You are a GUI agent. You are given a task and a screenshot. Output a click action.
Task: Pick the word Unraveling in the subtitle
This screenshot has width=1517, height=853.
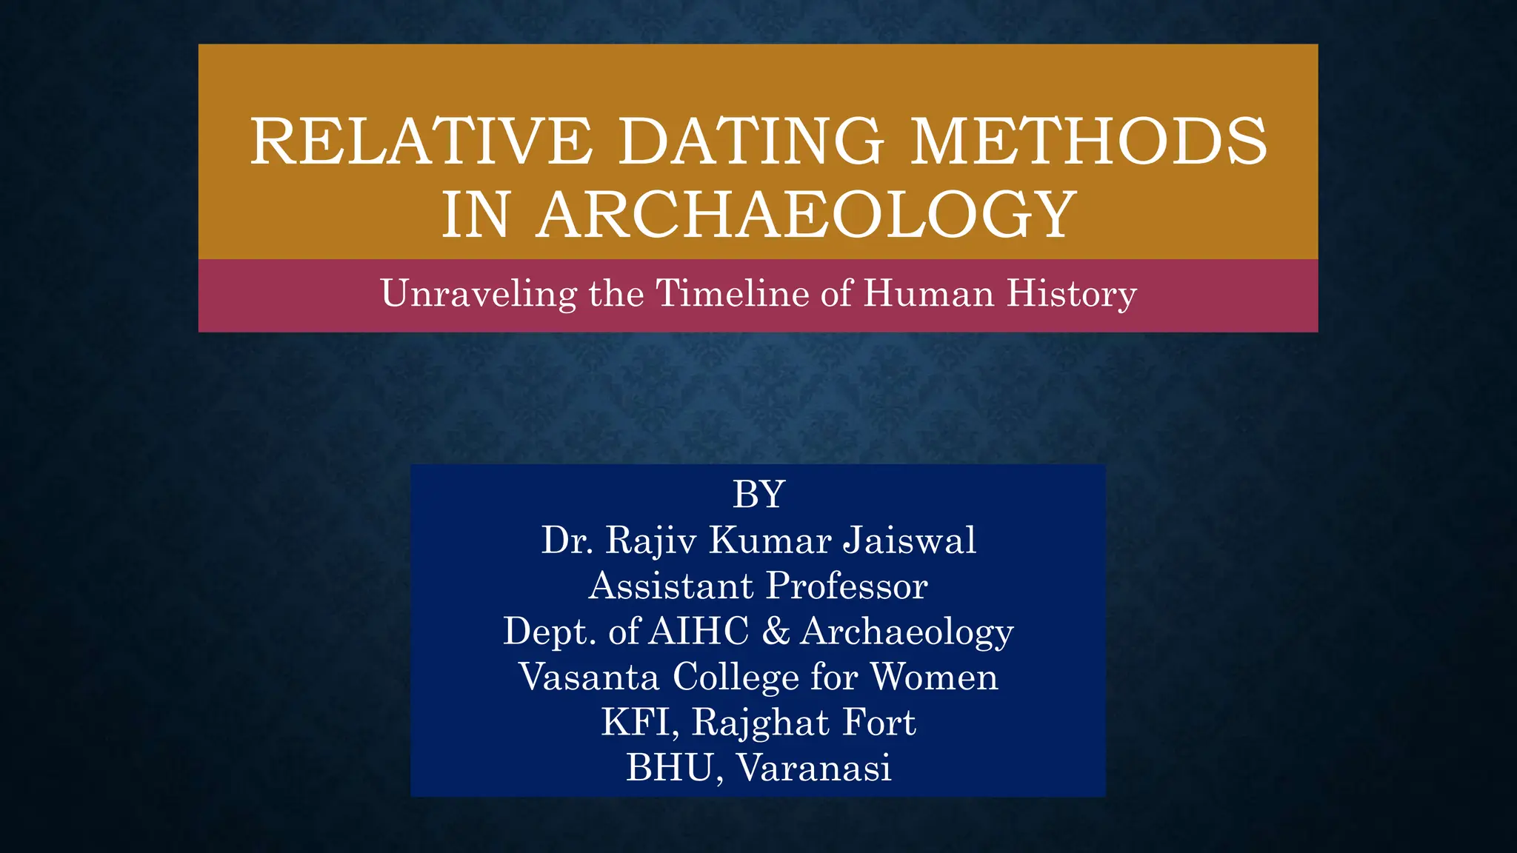(479, 293)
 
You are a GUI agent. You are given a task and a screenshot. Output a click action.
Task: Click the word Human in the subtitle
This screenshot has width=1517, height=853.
(928, 293)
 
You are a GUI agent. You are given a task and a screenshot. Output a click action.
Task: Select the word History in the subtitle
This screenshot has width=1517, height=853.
(1071, 295)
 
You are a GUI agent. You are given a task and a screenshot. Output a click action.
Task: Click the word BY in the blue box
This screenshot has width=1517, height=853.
(758, 494)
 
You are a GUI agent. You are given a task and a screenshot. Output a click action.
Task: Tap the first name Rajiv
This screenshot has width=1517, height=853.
(651, 541)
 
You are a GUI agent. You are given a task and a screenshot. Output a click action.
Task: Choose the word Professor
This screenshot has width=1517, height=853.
(847, 586)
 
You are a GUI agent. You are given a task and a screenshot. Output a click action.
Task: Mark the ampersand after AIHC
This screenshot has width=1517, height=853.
(775, 631)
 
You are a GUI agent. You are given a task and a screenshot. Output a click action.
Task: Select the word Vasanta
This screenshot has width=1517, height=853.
(589, 677)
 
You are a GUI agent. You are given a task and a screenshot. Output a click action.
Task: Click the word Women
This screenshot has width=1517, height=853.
(934, 677)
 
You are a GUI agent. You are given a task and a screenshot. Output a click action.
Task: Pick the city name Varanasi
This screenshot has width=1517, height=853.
(813, 767)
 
